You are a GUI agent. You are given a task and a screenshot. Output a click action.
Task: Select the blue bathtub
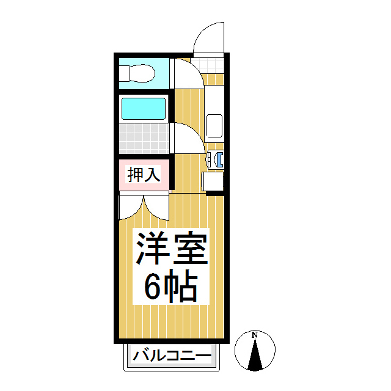click(x=144, y=109)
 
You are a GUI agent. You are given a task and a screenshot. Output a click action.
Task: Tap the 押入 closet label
click(x=144, y=175)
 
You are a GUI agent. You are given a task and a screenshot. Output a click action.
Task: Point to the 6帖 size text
click(x=170, y=285)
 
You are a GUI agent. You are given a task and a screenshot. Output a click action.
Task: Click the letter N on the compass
click(x=255, y=335)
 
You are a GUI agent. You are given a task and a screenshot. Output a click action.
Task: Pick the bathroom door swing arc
click(x=187, y=137)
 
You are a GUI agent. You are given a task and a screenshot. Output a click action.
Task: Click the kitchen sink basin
click(x=215, y=125)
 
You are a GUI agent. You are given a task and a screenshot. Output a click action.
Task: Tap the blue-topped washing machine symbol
click(x=216, y=159)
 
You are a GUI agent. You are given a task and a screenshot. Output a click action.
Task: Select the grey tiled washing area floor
click(x=143, y=138)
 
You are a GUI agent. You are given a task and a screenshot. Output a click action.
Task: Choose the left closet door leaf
click(x=131, y=206)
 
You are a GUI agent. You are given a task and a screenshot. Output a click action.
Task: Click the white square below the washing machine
click(x=213, y=181)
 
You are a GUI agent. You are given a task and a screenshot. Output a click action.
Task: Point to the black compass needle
click(x=255, y=357)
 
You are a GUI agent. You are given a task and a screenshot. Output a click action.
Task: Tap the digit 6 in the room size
click(x=153, y=285)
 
